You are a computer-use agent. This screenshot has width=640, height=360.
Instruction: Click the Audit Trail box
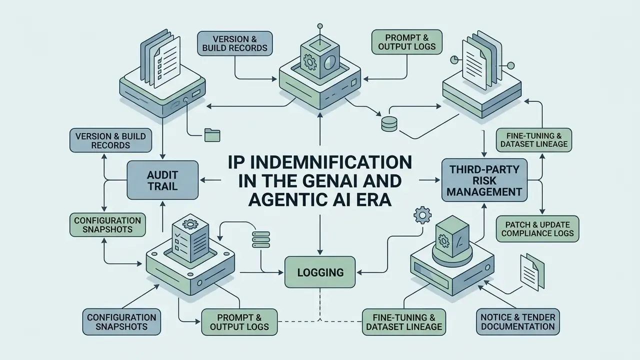click(162, 180)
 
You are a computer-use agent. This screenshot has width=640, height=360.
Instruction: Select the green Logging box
click(320, 272)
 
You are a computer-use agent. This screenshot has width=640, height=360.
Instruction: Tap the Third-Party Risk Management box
click(484, 180)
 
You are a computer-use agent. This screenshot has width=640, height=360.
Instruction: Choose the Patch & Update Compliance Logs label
click(537, 229)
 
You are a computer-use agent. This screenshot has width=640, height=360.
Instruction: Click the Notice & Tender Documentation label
click(517, 321)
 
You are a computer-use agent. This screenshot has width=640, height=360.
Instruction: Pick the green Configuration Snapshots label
click(107, 225)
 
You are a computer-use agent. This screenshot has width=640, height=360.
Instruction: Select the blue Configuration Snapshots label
click(121, 321)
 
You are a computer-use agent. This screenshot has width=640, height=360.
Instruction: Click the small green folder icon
click(212, 135)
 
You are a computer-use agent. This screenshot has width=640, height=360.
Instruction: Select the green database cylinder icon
click(389, 124)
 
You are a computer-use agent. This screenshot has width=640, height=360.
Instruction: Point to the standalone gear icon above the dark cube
click(422, 215)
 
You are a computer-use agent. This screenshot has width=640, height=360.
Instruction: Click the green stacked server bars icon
click(261, 239)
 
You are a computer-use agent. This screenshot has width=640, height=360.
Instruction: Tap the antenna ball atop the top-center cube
click(320, 26)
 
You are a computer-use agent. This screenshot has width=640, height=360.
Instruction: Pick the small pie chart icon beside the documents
click(454, 59)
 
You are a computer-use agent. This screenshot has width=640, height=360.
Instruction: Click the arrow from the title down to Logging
click(320, 234)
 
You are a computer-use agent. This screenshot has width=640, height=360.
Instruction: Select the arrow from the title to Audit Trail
click(210, 180)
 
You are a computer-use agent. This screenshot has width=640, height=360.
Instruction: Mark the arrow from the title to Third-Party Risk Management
click(429, 180)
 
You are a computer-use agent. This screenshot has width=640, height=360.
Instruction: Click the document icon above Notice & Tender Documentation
click(532, 272)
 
